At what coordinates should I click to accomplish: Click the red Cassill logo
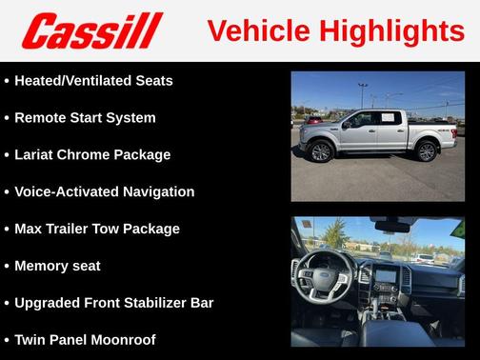[92, 30]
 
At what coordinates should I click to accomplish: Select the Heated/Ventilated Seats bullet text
[93, 81]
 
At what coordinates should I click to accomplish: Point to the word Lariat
[36, 154]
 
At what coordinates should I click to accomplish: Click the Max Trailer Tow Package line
[96, 229]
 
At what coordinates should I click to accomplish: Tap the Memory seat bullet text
[57, 266]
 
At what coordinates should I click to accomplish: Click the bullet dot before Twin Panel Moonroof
[7, 340]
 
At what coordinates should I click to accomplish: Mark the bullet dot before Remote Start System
[7, 118]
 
